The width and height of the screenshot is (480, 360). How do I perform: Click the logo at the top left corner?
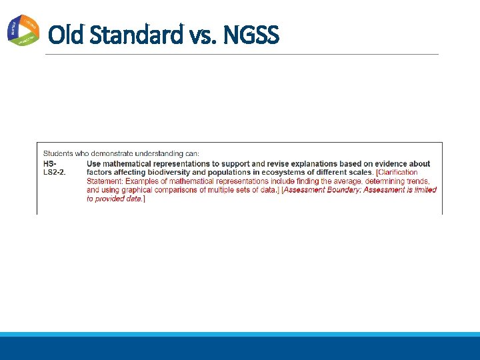23,30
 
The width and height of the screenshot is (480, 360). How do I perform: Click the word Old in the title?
65,34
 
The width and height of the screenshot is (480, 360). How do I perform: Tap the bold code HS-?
50,163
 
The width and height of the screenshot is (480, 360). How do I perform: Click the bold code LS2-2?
55,172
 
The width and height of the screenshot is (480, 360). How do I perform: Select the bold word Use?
94,163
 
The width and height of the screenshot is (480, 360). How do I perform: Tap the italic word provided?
111,199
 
